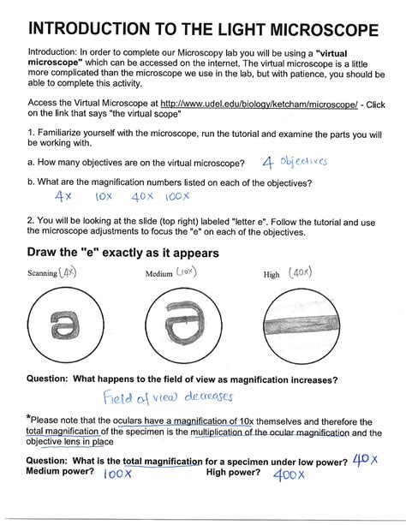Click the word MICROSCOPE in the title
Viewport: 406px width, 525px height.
pos(325,30)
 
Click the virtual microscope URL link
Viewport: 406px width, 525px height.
pos(259,104)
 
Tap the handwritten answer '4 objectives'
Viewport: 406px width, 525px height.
pos(295,162)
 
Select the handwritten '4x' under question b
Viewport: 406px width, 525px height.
pos(63,195)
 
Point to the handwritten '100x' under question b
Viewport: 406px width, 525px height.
pos(177,196)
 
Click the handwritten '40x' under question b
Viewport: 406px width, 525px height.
pos(142,196)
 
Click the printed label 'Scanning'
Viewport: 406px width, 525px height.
pos(42,273)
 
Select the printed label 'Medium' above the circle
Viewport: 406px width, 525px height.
pos(158,274)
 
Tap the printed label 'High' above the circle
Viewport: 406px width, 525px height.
pos(272,275)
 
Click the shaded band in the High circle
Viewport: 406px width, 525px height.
pos(302,325)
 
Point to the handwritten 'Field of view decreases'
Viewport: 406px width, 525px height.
pos(168,397)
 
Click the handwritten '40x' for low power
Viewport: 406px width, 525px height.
pos(365,460)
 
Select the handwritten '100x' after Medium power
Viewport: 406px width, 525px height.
pos(117,474)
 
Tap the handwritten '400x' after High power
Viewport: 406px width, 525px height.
pos(289,474)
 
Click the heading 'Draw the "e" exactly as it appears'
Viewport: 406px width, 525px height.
pos(123,253)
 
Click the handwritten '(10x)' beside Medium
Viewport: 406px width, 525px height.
pos(186,271)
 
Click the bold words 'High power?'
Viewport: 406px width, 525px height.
pos(233,472)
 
